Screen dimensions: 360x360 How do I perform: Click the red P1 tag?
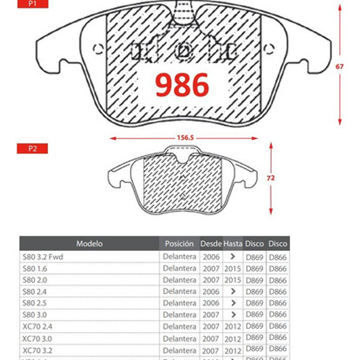pyautogui.click(x=33, y=4)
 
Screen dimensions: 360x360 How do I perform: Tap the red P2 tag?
pyautogui.click(x=32, y=148)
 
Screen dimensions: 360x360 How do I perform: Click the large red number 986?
pyautogui.click(x=182, y=85)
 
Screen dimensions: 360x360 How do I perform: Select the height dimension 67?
pyautogui.click(x=339, y=67)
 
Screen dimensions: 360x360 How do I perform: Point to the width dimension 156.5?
pyautogui.click(x=185, y=138)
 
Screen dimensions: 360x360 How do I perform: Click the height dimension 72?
pyautogui.click(x=271, y=178)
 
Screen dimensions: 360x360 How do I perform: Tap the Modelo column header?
pyautogui.click(x=89, y=243)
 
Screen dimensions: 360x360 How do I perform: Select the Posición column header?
pyautogui.click(x=179, y=243)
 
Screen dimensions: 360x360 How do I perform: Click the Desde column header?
pyautogui.click(x=211, y=244)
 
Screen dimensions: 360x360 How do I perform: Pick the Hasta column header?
pyautogui.click(x=233, y=244)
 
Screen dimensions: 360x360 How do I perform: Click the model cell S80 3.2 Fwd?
pyautogui.click(x=43, y=257)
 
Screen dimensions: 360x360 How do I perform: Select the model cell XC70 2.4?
pyautogui.click(x=37, y=327)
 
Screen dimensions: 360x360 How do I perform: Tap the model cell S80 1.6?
pyautogui.click(x=35, y=269)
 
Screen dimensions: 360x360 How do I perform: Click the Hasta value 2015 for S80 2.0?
pyautogui.click(x=233, y=280)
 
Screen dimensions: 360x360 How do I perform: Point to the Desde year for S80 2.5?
pyautogui.click(x=211, y=303)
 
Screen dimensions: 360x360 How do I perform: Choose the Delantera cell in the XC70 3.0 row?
pyautogui.click(x=179, y=339)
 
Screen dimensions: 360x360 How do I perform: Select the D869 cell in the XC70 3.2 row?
pyautogui.click(x=254, y=349)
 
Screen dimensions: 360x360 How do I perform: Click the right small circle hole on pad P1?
pyautogui.click(x=268, y=49)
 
